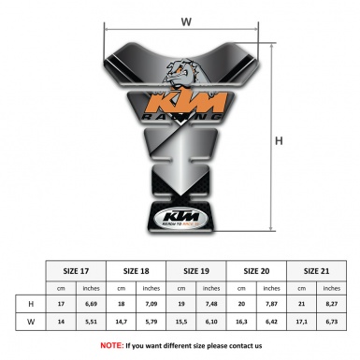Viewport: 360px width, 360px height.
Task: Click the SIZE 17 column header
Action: pyautogui.click(x=76, y=271)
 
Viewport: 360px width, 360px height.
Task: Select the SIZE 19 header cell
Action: pyautogui.click(x=197, y=271)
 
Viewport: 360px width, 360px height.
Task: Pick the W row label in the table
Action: pyautogui.click(x=33, y=323)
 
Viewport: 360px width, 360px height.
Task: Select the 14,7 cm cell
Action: pyautogui.click(x=122, y=323)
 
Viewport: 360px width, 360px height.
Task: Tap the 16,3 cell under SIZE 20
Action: pyautogui.click(x=243, y=323)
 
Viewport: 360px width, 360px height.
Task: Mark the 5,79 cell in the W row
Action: pyautogui.click(x=151, y=323)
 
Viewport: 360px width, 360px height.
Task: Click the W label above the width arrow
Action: pyautogui.click(x=185, y=21)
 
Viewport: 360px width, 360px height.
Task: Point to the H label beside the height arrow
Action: pyautogui.click(x=278, y=141)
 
